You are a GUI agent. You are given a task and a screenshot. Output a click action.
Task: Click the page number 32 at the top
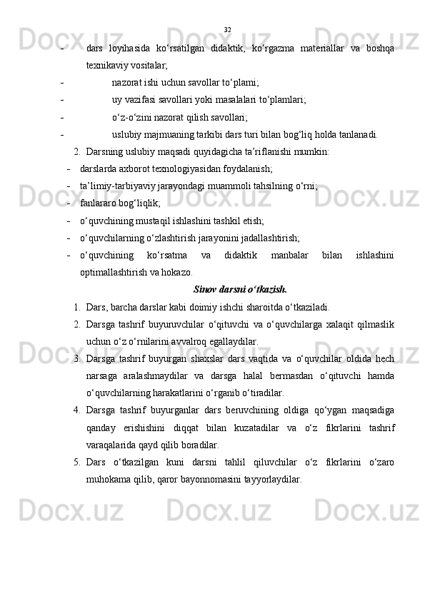[227, 29]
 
